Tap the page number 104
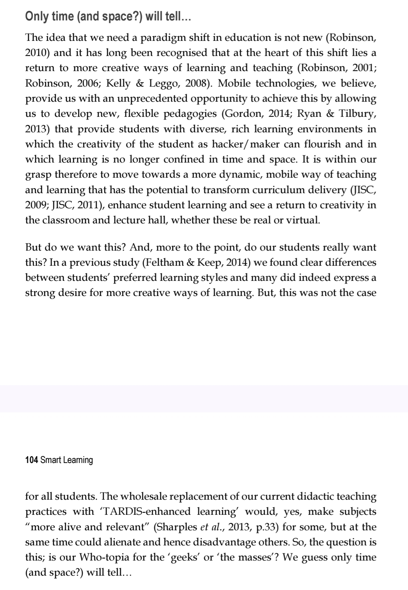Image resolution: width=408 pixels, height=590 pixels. pos(31,460)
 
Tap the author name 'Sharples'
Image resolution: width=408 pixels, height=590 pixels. pos(177,527)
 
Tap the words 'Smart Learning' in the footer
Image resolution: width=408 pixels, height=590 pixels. pos(66,460)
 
